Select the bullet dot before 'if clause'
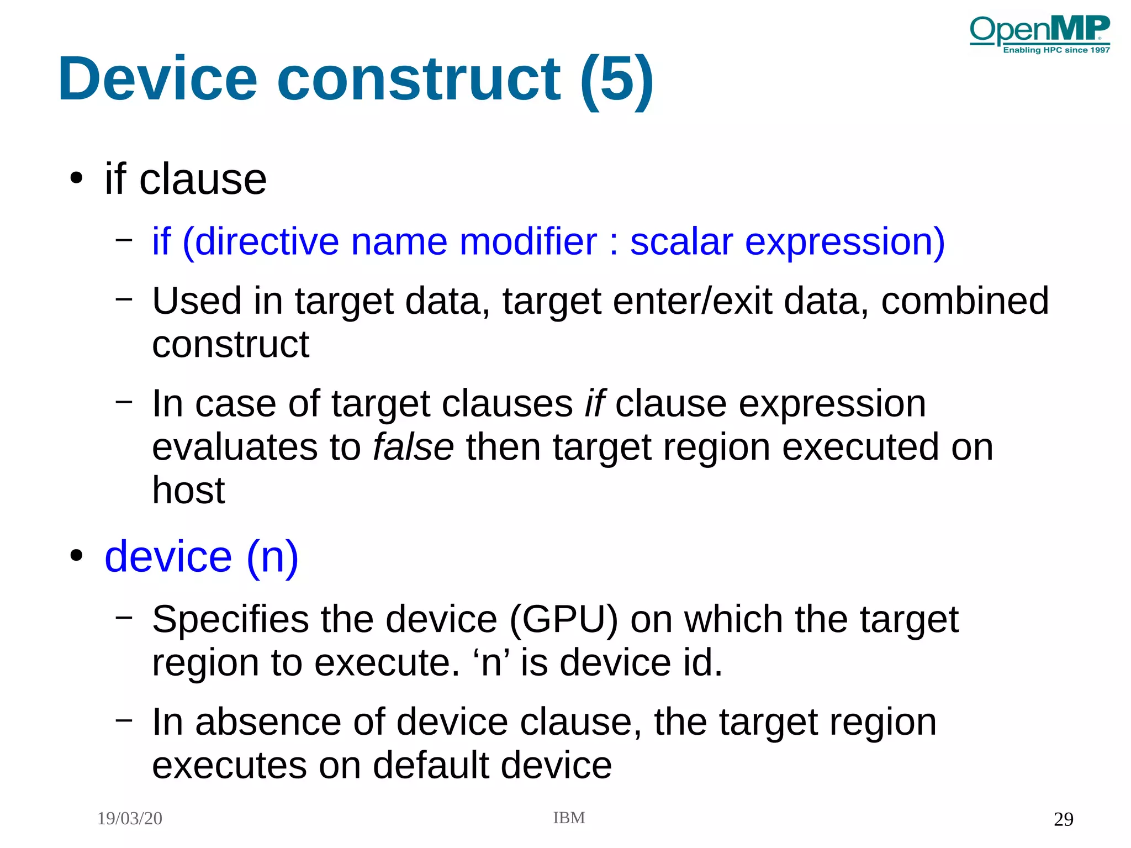point(76,178)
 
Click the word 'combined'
point(964,301)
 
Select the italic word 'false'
point(413,447)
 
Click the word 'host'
point(188,490)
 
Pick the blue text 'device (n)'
point(202,557)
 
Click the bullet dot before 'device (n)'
point(76,556)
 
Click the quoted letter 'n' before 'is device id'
point(491,663)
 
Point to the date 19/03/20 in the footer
point(130,819)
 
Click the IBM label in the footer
point(569,818)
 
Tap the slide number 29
point(1063,819)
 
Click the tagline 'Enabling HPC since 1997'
point(1056,50)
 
